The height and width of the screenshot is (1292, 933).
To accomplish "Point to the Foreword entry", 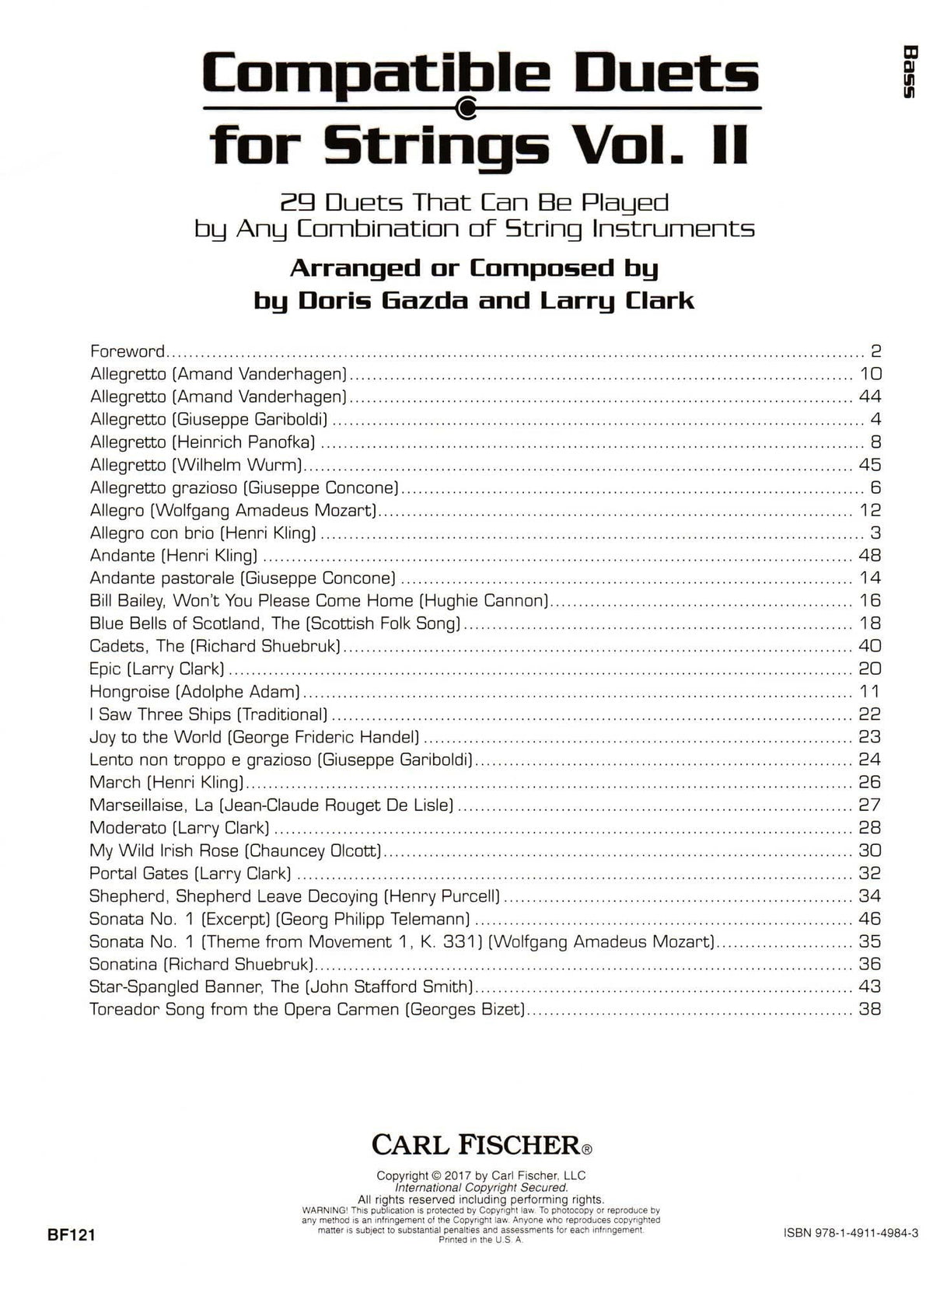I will (x=127, y=351).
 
